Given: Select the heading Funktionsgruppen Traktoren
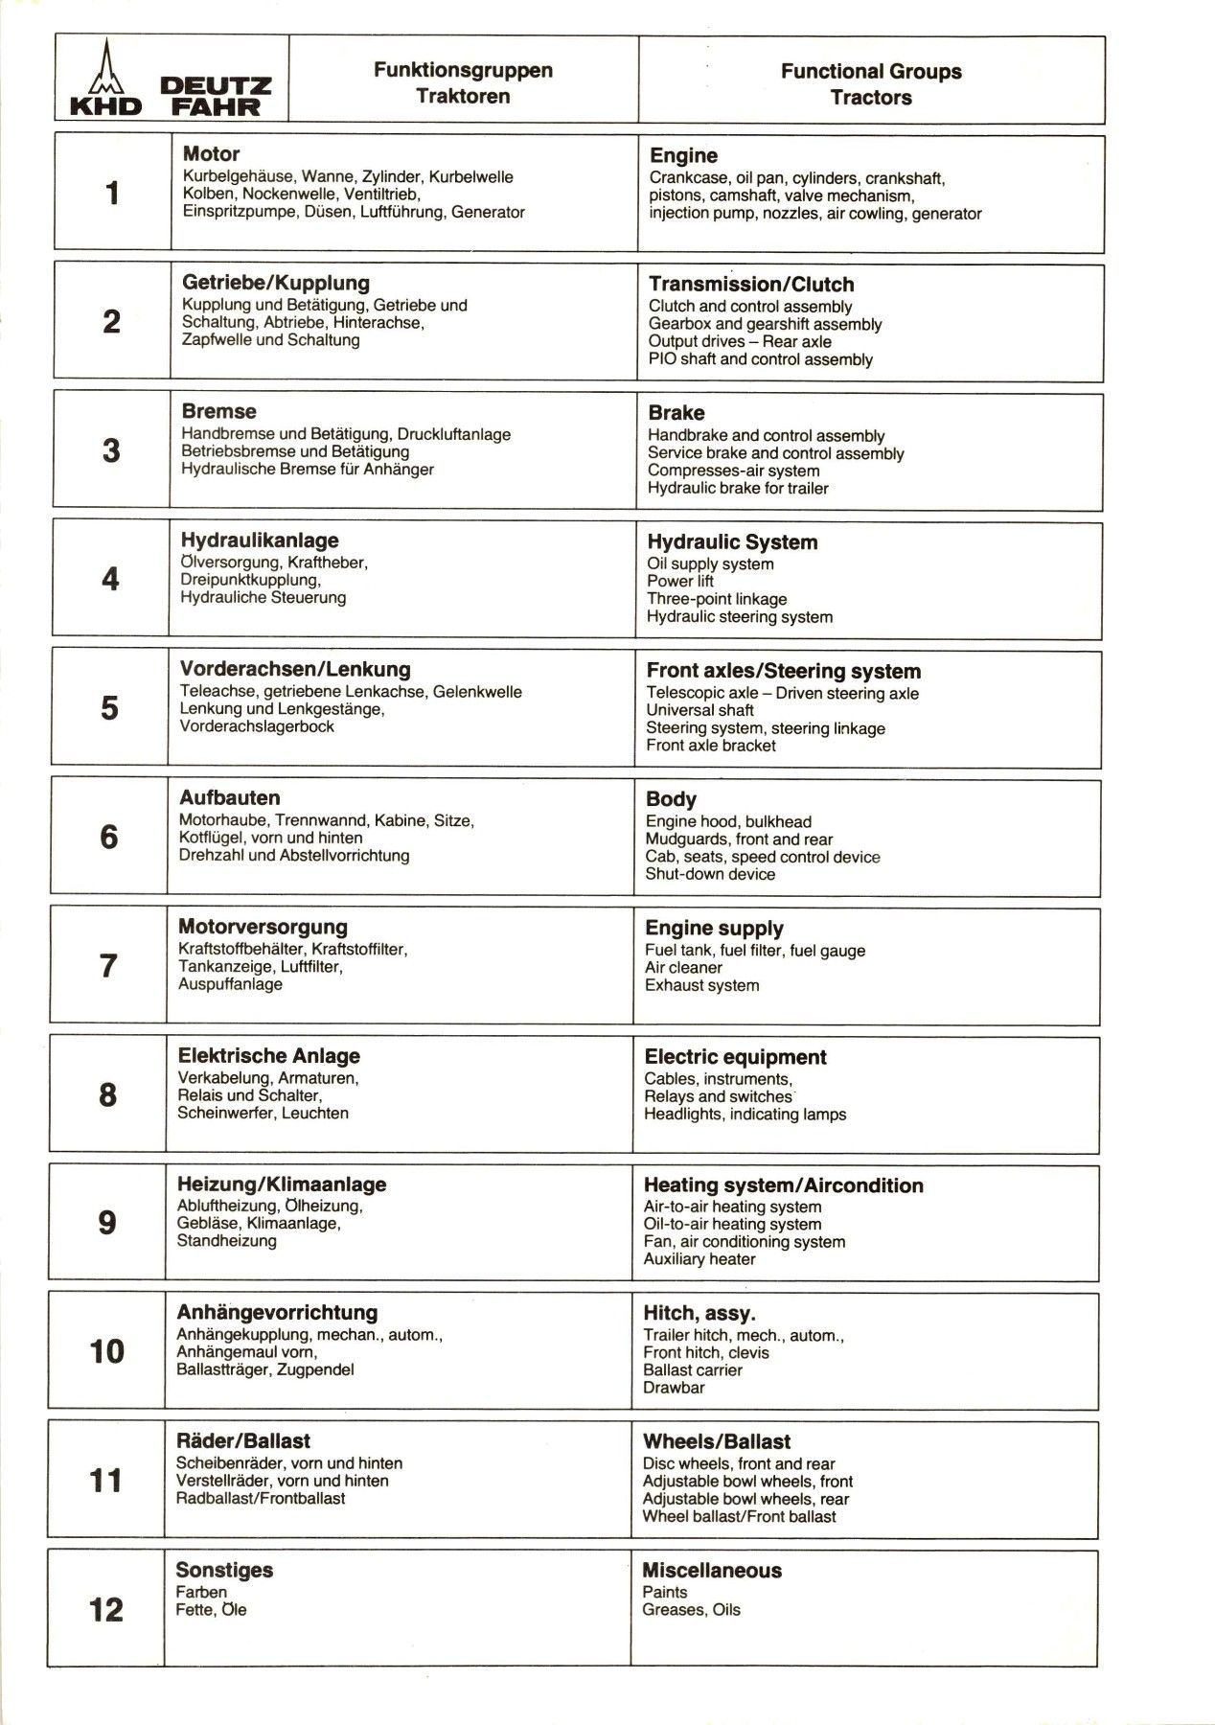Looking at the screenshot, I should [463, 82].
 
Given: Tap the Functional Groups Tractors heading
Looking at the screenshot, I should [870, 83].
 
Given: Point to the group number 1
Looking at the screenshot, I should [112, 194].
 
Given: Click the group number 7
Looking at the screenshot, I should [108, 965].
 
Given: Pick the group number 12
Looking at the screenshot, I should [106, 1609].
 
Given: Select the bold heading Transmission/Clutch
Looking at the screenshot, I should [751, 285].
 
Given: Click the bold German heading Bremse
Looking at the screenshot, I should [219, 412].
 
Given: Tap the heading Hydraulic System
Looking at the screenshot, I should [732, 542].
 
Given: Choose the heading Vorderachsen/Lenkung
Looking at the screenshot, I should [295, 670].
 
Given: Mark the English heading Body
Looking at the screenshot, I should [671, 799].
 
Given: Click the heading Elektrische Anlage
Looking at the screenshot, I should [269, 1056].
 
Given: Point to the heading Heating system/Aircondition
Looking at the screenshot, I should [783, 1185].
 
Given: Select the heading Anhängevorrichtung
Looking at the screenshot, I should [277, 1313].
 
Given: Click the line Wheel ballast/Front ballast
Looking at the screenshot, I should [739, 1517].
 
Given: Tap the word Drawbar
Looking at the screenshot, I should [674, 1388].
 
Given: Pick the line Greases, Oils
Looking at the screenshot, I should [691, 1610].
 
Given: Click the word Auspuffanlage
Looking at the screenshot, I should [230, 984].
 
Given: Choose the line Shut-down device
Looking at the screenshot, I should [710, 874].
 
